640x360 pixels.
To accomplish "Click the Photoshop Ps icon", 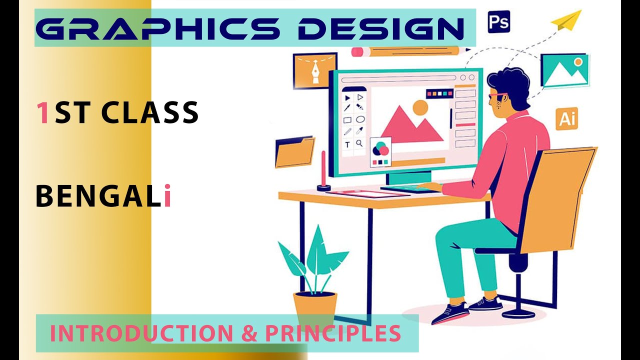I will pyautogui.click(x=498, y=22).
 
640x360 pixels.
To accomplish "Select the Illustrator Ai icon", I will pyautogui.click(x=566, y=118).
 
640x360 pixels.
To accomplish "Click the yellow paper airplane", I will pyautogui.click(x=566, y=21).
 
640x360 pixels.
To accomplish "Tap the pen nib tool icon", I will pyautogui.click(x=308, y=71).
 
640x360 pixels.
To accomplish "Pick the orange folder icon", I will pyautogui.click(x=295, y=152).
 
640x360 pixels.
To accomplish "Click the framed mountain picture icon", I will pyautogui.click(x=564, y=70).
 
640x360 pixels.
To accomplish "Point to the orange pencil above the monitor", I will pyautogui.click(x=410, y=50).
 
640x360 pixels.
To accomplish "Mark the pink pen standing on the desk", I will pyautogui.click(x=323, y=170).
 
